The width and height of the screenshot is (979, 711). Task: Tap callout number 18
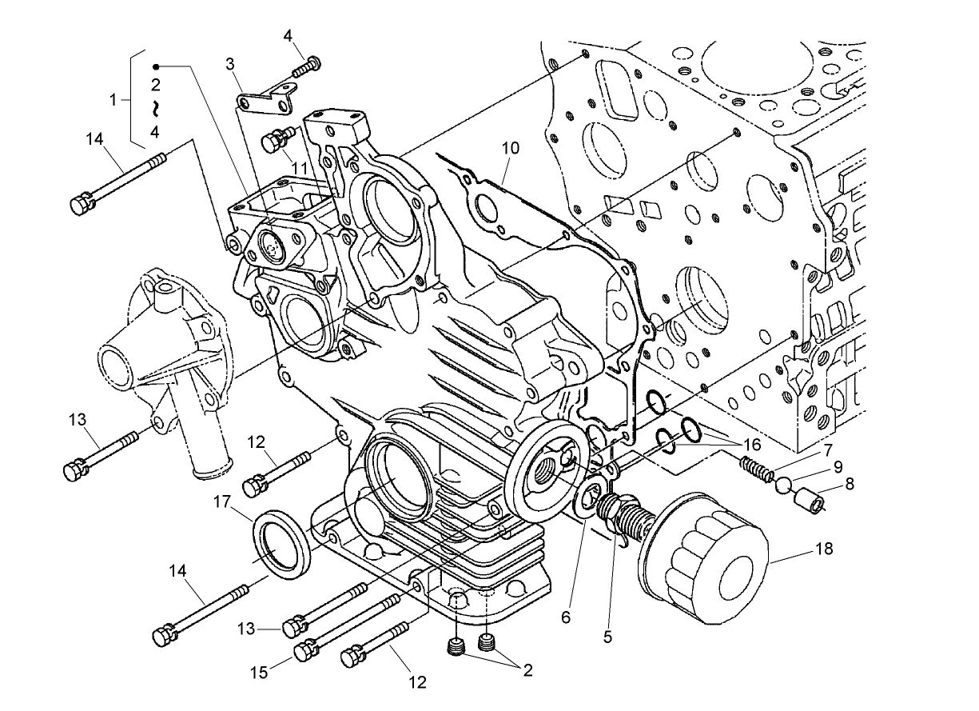pyautogui.click(x=824, y=549)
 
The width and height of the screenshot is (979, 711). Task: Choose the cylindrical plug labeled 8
pyautogui.click(x=807, y=500)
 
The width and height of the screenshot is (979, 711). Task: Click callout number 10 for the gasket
pyautogui.click(x=511, y=148)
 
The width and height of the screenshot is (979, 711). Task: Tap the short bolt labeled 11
pyautogui.click(x=276, y=142)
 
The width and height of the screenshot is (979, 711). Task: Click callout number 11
pyautogui.click(x=299, y=166)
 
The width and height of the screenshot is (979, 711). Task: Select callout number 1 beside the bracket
pyautogui.click(x=113, y=100)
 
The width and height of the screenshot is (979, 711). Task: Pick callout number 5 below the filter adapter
pyautogui.click(x=607, y=637)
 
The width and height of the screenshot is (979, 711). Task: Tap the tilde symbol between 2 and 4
pyautogui.click(x=157, y=107)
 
